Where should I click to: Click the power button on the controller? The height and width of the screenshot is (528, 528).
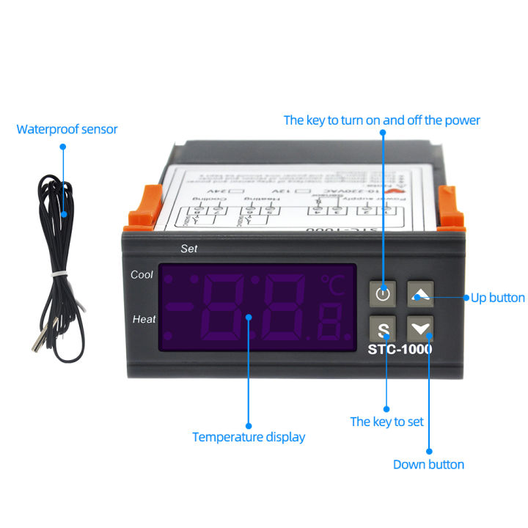[383, 295]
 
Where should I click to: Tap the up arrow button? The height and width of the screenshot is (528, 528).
[420, 295]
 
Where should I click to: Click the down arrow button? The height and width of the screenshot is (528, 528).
[420, 328]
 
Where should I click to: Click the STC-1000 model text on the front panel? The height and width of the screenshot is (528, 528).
[400, 350]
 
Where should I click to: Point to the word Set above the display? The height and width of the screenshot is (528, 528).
[189, 249]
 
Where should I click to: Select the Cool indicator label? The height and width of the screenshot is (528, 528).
[142, 275]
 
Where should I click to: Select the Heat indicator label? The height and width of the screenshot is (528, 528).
[144, 319]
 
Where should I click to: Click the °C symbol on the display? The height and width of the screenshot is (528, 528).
[332, 285]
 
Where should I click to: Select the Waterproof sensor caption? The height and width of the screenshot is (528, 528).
[67, 130]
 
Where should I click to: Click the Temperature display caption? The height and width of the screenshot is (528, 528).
[248, 437]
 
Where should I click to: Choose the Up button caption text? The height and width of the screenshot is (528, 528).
[498, 298]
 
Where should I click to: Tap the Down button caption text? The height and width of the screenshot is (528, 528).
[428, 464]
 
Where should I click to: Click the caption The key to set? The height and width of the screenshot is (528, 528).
[386, 422]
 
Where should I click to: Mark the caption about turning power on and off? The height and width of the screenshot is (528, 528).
[381, 120]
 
